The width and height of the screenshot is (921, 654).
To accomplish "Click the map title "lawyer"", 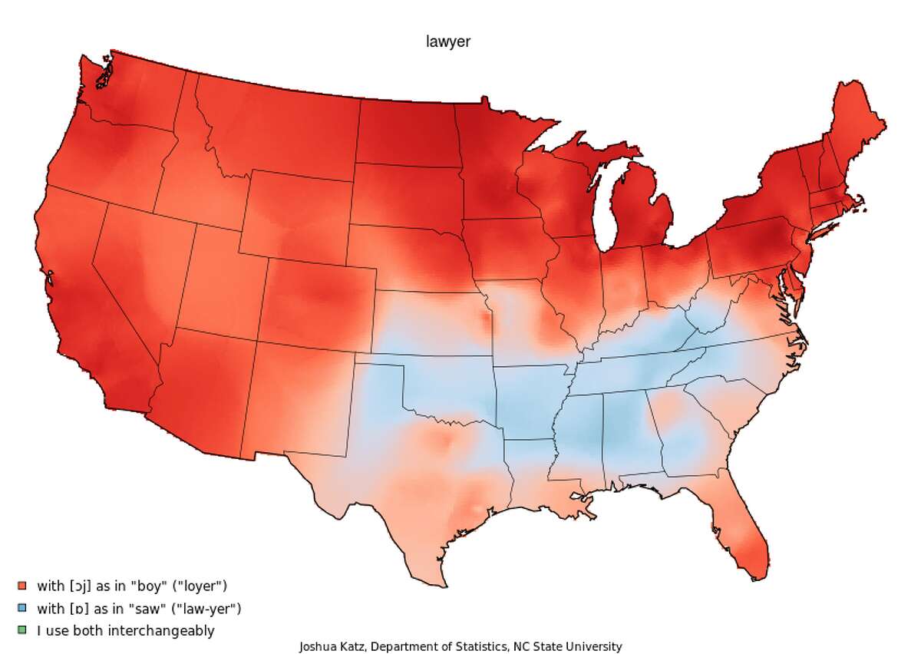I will tap(448, 42).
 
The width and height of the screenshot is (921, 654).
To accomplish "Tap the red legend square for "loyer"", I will tap(21, 586).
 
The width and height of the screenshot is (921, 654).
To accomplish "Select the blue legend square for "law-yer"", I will tap(21, 609).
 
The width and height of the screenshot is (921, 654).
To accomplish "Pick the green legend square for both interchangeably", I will tap(21, 631).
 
